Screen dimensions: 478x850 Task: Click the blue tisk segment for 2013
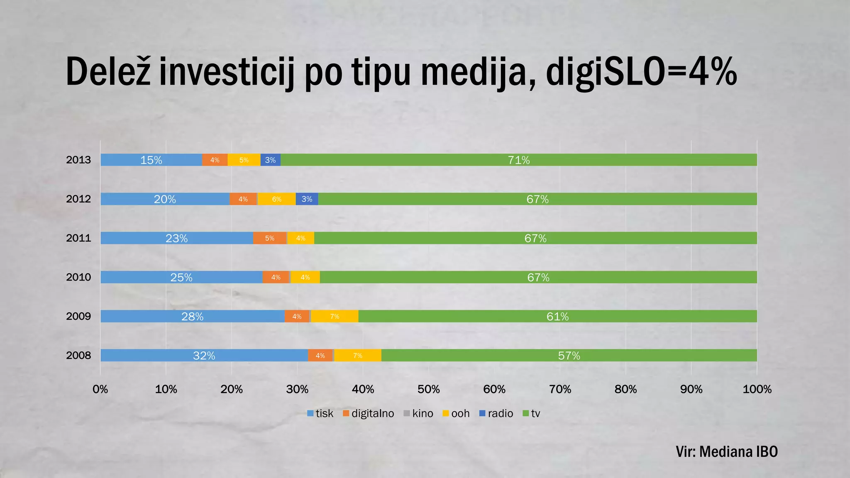click(x=151, y=160)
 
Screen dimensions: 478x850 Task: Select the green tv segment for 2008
click(x=569, y=355)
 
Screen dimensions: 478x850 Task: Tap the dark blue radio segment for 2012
click(x=307, y=199)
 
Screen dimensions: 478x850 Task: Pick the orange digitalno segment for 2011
click(x=270, y=238)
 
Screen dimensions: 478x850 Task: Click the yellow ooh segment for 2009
click(x=335, y=316)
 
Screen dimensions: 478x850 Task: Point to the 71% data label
click(x=519, y=160)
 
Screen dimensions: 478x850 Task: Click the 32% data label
click(x=204, y=356)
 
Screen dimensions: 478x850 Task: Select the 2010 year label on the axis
click(x=78, y=277)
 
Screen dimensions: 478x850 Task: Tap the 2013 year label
click(x=78, y=160)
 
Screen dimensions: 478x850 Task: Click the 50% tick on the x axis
click(x=428, y=389)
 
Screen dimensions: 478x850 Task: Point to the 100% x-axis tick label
click(x=757, y=389)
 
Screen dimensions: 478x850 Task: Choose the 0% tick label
click(x=100, y=389)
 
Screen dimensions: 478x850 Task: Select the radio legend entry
click(x=496, y=413)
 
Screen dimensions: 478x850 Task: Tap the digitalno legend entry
click(x=369, y=413)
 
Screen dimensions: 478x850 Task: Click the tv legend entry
click(x=532, y=413)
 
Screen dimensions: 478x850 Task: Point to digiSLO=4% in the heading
click(x=641, y=73)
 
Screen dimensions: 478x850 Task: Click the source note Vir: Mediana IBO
click(x=726, y=451)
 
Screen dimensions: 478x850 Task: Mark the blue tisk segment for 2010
click(x=181, y=277)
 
